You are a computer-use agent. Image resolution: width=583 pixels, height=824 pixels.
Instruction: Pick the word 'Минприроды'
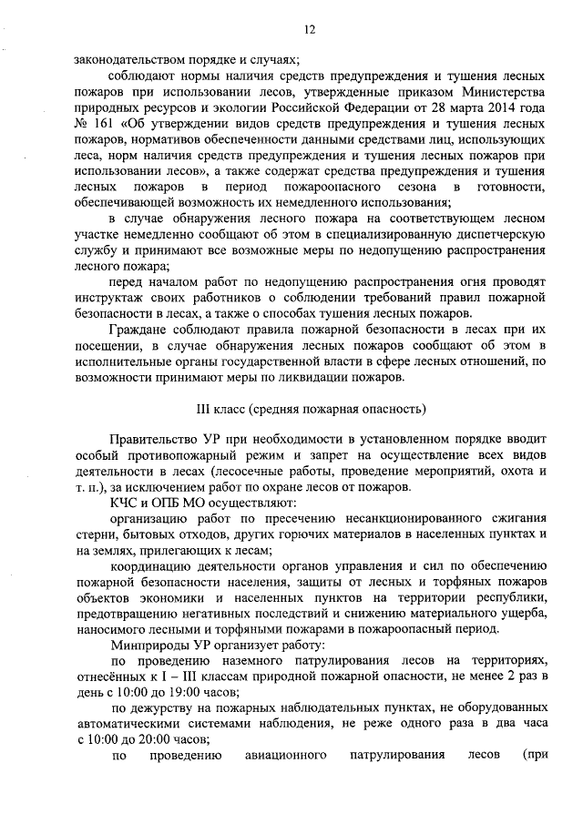tap(144, 644)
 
